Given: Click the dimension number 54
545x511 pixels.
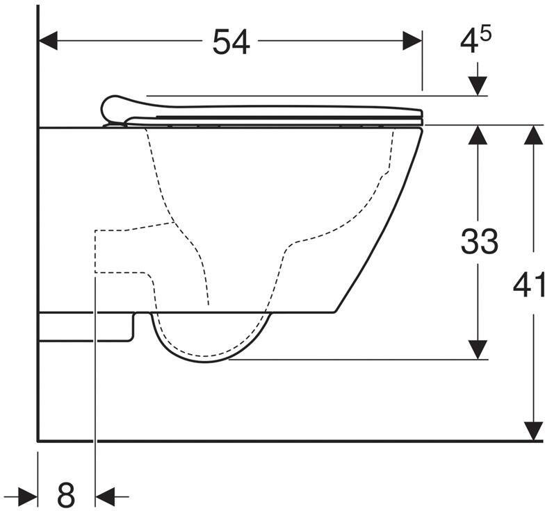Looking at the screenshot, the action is coord(231,42).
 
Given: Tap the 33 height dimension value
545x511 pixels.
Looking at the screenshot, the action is coord(480,242).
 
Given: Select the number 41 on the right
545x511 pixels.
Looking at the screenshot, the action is coord(528,285).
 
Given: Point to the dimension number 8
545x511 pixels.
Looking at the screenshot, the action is coord(66,494).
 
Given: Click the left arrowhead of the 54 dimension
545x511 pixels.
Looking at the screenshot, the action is coord(47,40).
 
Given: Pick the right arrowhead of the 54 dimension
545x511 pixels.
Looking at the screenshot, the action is coord(413,40).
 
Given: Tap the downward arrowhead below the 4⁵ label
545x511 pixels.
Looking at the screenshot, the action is coord(478,86).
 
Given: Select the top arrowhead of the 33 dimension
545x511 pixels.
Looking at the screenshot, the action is coord(478,135).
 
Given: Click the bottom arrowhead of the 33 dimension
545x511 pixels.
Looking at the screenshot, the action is coord(478,350).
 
